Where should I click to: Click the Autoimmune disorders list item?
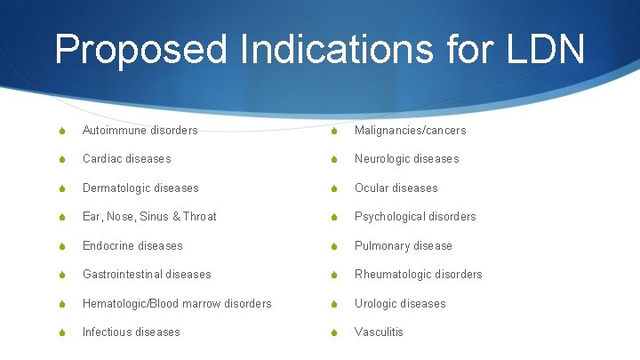[140, 131]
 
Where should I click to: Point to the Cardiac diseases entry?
[126, 159]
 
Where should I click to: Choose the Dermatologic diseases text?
[140, 188]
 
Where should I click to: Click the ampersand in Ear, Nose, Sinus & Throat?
[175, 217]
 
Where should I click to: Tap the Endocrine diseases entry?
[132, 246]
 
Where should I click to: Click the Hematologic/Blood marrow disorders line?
[177, 304]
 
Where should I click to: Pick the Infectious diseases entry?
[131, 332]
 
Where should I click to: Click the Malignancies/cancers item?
[410, 131]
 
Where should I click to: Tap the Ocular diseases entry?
[396, 188]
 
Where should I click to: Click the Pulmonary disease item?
[403, 246]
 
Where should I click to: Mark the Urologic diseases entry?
[400, 304]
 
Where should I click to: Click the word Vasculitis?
[379, 332]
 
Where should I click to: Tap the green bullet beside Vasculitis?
[332, 332]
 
